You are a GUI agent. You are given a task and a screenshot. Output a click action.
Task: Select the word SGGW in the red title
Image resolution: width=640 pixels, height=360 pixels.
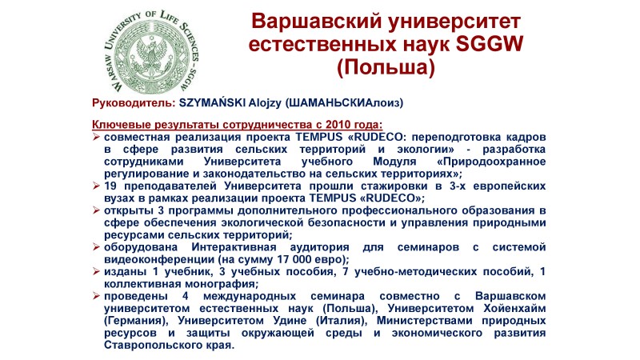489,44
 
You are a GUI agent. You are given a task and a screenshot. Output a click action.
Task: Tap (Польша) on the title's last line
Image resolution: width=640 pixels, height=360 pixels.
386,67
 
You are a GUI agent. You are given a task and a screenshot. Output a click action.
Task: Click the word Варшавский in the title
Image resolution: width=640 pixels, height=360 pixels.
316,21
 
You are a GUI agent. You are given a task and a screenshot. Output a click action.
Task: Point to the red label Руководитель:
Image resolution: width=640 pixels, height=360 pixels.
134,103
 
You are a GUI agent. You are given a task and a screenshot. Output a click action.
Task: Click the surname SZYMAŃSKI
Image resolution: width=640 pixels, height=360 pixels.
212,102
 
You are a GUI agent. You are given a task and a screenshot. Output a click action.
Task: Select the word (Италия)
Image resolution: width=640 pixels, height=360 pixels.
342,321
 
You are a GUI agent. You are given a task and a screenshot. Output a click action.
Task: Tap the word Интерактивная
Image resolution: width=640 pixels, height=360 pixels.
234,247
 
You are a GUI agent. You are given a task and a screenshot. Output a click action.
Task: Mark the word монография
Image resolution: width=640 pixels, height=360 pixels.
222,284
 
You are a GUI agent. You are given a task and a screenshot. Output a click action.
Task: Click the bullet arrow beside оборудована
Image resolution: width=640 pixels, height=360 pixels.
96,247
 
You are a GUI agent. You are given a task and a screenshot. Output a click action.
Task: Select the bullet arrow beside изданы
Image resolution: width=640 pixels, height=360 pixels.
96,271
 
